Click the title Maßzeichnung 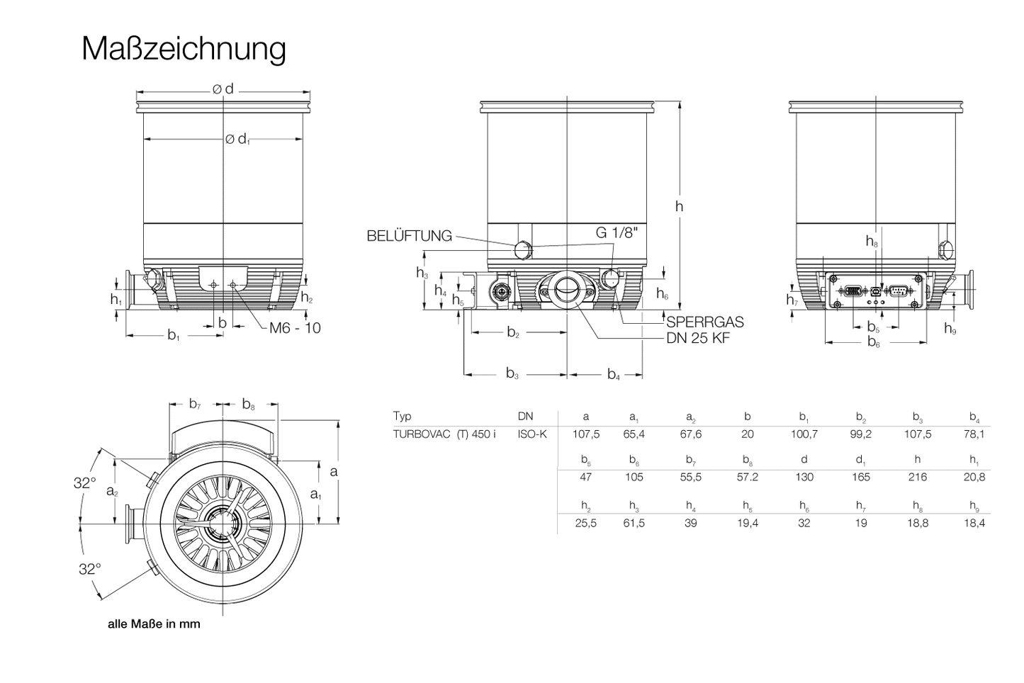(x=184, y=49)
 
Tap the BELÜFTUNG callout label (x=409, y=237)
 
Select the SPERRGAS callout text (x=704, y=322)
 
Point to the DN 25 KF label (x=697, y=339)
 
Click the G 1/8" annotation (x=617, y=234)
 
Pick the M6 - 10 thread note (x=295, y=328)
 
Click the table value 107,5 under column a (x=585, y=434)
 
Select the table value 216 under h (x=917, y=477)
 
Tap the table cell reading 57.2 (x=747, y=477)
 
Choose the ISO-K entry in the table (x=531, y=434)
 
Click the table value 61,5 (x=634, y=523)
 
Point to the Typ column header (x=402, y=416)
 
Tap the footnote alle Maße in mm (x=154, y=624)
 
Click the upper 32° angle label (x=84, y=483)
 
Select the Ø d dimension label (x=223, y=89)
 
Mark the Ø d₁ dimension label (x=237, y=140)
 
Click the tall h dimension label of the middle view (x=679, y=206)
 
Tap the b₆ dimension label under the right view (x=874, y=342)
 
